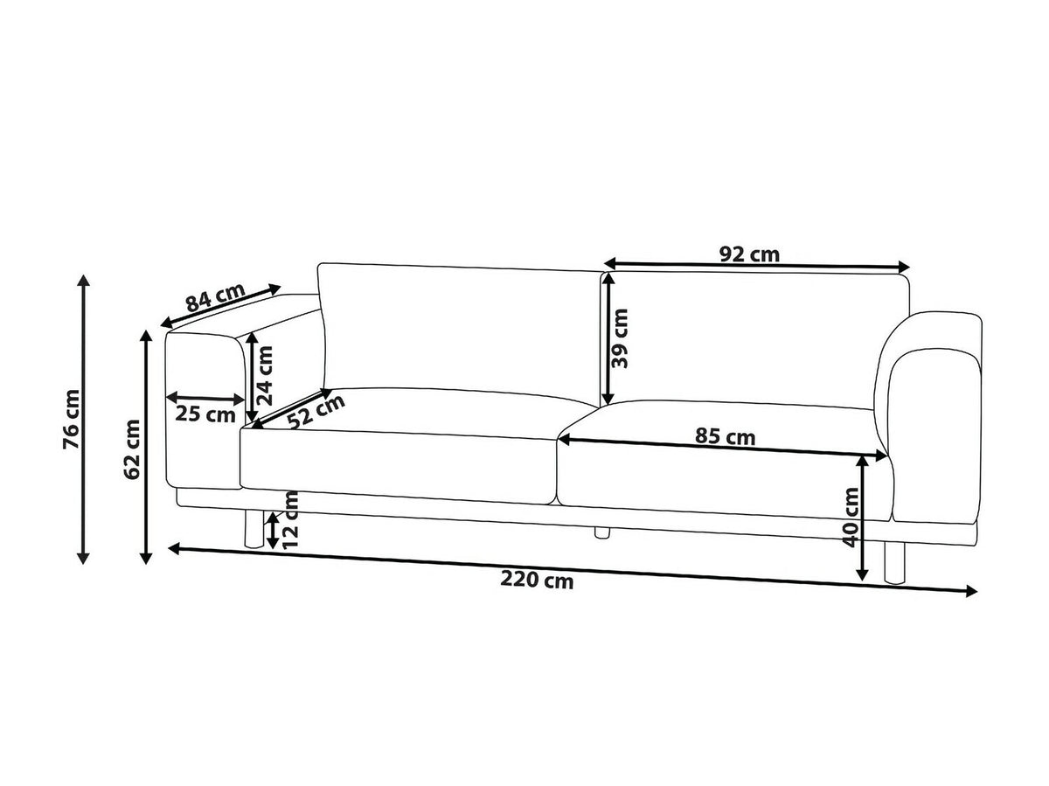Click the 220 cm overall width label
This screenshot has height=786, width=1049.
536,581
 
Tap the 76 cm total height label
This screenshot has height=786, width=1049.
72,419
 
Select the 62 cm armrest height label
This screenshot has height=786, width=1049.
131,449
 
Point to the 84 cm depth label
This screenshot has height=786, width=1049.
216,297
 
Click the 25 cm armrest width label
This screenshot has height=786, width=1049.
205,414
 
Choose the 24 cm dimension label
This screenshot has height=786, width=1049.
263,376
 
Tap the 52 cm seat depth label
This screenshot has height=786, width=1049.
316,412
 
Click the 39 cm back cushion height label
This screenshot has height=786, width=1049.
620,338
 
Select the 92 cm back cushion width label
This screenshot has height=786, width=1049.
749,254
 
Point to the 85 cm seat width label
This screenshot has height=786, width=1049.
725,437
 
